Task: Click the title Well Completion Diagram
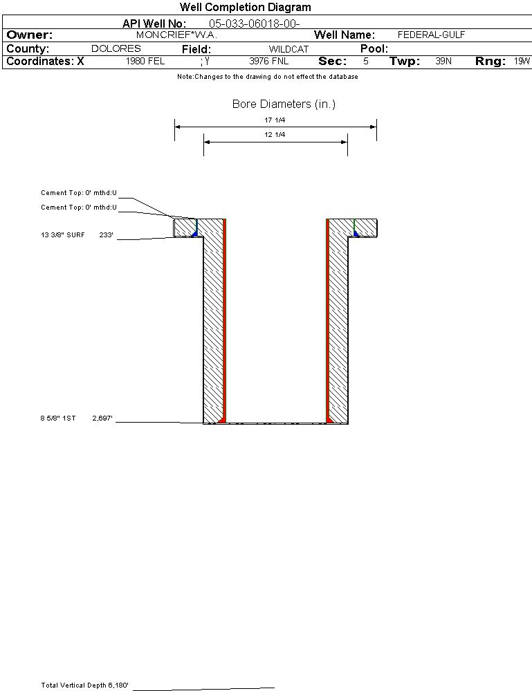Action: tap(245, 7)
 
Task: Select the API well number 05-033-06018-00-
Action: tap(255, 24)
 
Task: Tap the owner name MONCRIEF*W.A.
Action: tap(176, 35)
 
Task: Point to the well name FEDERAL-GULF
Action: tap(431, 35)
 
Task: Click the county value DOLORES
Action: tap(116, 48)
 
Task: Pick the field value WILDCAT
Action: tap(288, 49)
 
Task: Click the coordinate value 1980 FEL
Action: tap(145, 61)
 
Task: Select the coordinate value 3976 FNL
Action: tap(269, 61)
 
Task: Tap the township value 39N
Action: tap(443, 61)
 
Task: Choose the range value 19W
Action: tap(522, 61)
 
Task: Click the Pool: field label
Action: tap(374, 48)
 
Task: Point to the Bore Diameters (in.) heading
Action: tap(284, 104)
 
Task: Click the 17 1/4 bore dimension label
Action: tap(275, 120)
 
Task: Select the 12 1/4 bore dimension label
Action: tap(275, 134)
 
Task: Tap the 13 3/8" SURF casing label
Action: tap(62, 235)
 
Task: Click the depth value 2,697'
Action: tap(102, 418)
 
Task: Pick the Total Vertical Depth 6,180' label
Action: tap(84, 685)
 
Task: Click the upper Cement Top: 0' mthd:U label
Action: tap(79, 192)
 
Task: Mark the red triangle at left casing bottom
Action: tap(221, 420)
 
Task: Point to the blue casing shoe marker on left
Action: tap(194, 234)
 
